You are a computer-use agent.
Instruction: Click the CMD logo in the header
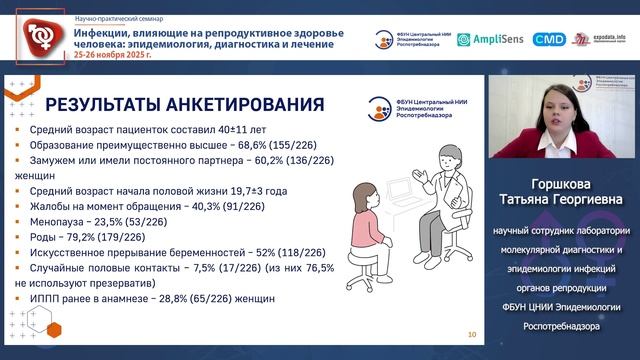549,39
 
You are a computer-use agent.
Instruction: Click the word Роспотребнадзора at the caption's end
563,325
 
